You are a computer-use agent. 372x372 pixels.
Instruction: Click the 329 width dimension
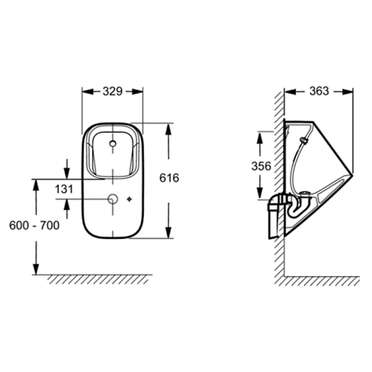click(x=113, y=91)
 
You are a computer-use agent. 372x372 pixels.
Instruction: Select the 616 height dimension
click(x=169, y=178)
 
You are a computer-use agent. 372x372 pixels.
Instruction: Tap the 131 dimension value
click(x=64, y=189)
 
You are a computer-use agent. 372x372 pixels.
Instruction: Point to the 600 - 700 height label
click(x=34, y=225)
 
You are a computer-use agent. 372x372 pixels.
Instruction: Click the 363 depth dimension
click(x=319, y=91)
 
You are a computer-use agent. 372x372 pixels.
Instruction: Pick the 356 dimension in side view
click(x=261, y=166)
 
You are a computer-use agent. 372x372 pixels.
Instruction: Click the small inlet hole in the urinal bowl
click(x=113, y=143)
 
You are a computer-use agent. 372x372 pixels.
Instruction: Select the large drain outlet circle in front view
click(x=113, y=199)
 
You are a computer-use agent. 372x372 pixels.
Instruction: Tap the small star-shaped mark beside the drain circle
click(x=129, y=199)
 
